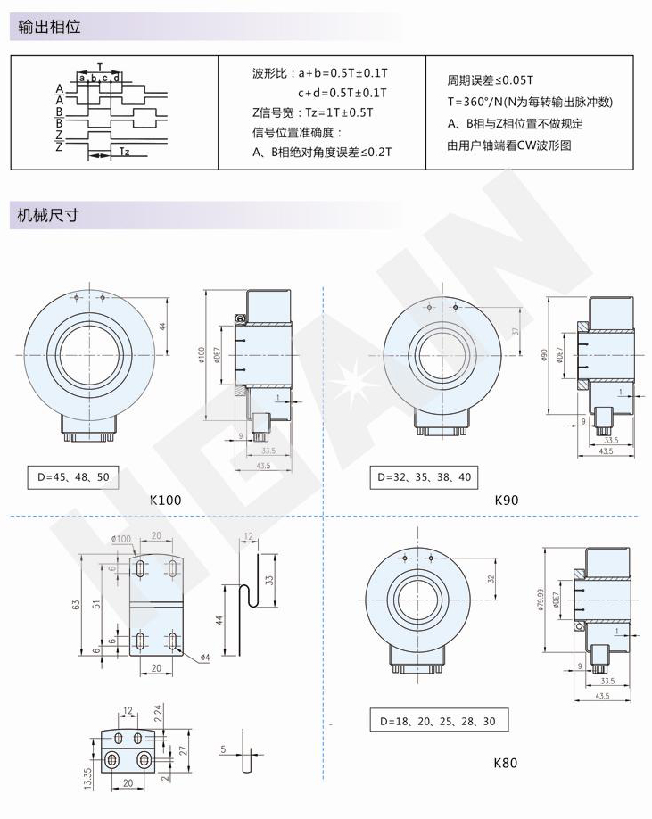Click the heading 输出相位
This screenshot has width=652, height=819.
tap(50, 27)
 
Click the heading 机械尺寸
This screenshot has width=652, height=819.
tap(50, 215)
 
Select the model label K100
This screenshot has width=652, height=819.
tap(167, 500)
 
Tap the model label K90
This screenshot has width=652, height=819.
tap(506, 500)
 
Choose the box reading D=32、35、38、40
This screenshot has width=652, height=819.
tap(425, 477)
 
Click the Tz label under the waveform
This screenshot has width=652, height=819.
tap(124, 153)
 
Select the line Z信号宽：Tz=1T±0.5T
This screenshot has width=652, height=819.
tap(312, 112)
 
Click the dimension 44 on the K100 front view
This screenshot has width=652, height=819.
tap(164, 326)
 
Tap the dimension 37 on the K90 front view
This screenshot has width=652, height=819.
tap(515, 332)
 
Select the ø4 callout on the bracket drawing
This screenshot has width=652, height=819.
tap(204, 658)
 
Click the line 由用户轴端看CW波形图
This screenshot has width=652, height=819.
tap(508, 145)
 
